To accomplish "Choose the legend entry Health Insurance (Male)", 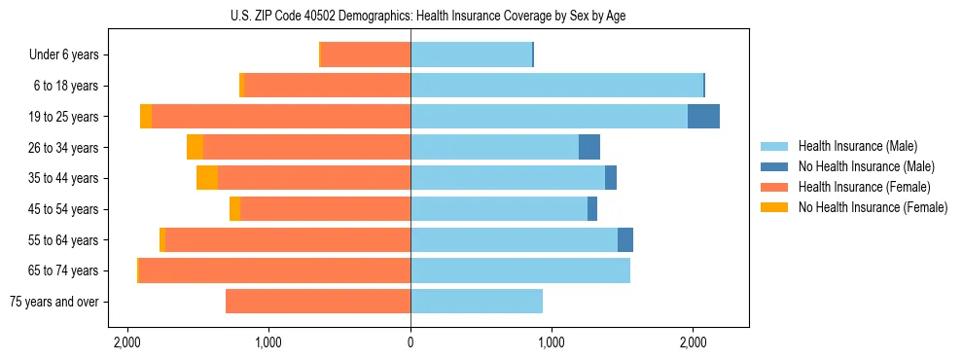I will pyautogui.click(x=856, y=146).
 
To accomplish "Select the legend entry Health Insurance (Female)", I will pyautogui.click(x=864, y=187).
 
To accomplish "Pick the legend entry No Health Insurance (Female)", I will pyautogui.click(x=873, y=207).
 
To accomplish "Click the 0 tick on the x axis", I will pyautogui.click(x=410, y=342).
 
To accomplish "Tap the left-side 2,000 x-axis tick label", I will pyautogui.click(x=127, y=342).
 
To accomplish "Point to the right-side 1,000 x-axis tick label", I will pyautogui.click(x=552, y=342).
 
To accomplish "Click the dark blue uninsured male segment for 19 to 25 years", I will pyautogui.click(x=703, y=117).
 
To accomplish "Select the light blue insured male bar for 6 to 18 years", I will pyautogui.click(x=556, y=86).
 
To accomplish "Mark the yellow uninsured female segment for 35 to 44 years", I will pyautogui.click(x=207, y=178).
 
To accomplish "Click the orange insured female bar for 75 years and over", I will pyautogui.click(x=318, y=302).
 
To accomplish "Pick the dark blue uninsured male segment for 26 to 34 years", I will pyautogui.click(x=589, y=147).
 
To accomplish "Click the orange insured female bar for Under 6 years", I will pyautogui.click(x=366, y=54).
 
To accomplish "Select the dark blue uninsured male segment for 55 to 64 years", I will pyautogui.click(x=625, y=239).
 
